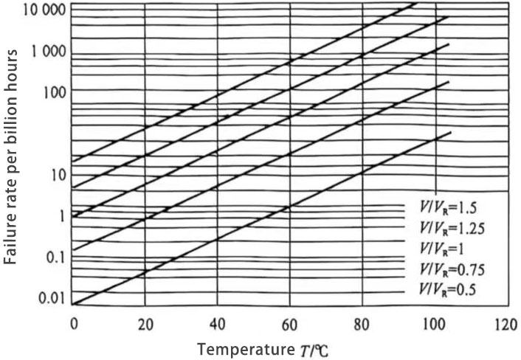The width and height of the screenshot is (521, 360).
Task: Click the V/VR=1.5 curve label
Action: click(x=446, y=209)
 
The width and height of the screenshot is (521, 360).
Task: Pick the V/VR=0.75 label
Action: click(x=449, y=269)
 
